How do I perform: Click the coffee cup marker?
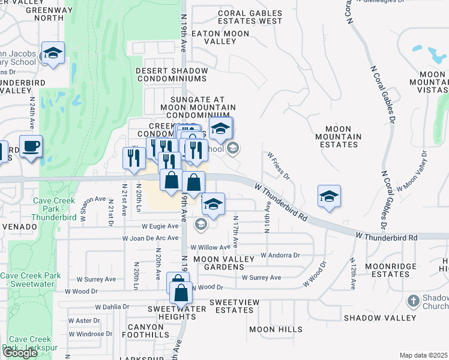click(x=31, y=145)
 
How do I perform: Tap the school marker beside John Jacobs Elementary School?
click(x=53, y=53)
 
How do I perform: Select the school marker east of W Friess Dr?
click(x=329, y=196)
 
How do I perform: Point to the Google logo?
click(x=20, y=353)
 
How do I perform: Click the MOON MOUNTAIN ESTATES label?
click(x=343, y=137)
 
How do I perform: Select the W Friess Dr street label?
click(x=279, y=166)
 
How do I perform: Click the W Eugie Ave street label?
click(x=160, y=226)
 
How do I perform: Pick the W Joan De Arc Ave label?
click(x=151, y=238)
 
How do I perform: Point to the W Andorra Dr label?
click(x=280, y=255)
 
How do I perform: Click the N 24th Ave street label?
click(x=32, y=113)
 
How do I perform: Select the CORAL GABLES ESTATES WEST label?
click(x=250, y=17)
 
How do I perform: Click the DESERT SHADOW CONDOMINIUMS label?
click(x=172, y=74)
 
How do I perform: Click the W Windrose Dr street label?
click(x=90, y=334)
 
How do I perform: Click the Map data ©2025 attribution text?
click(x=423, y=355)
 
